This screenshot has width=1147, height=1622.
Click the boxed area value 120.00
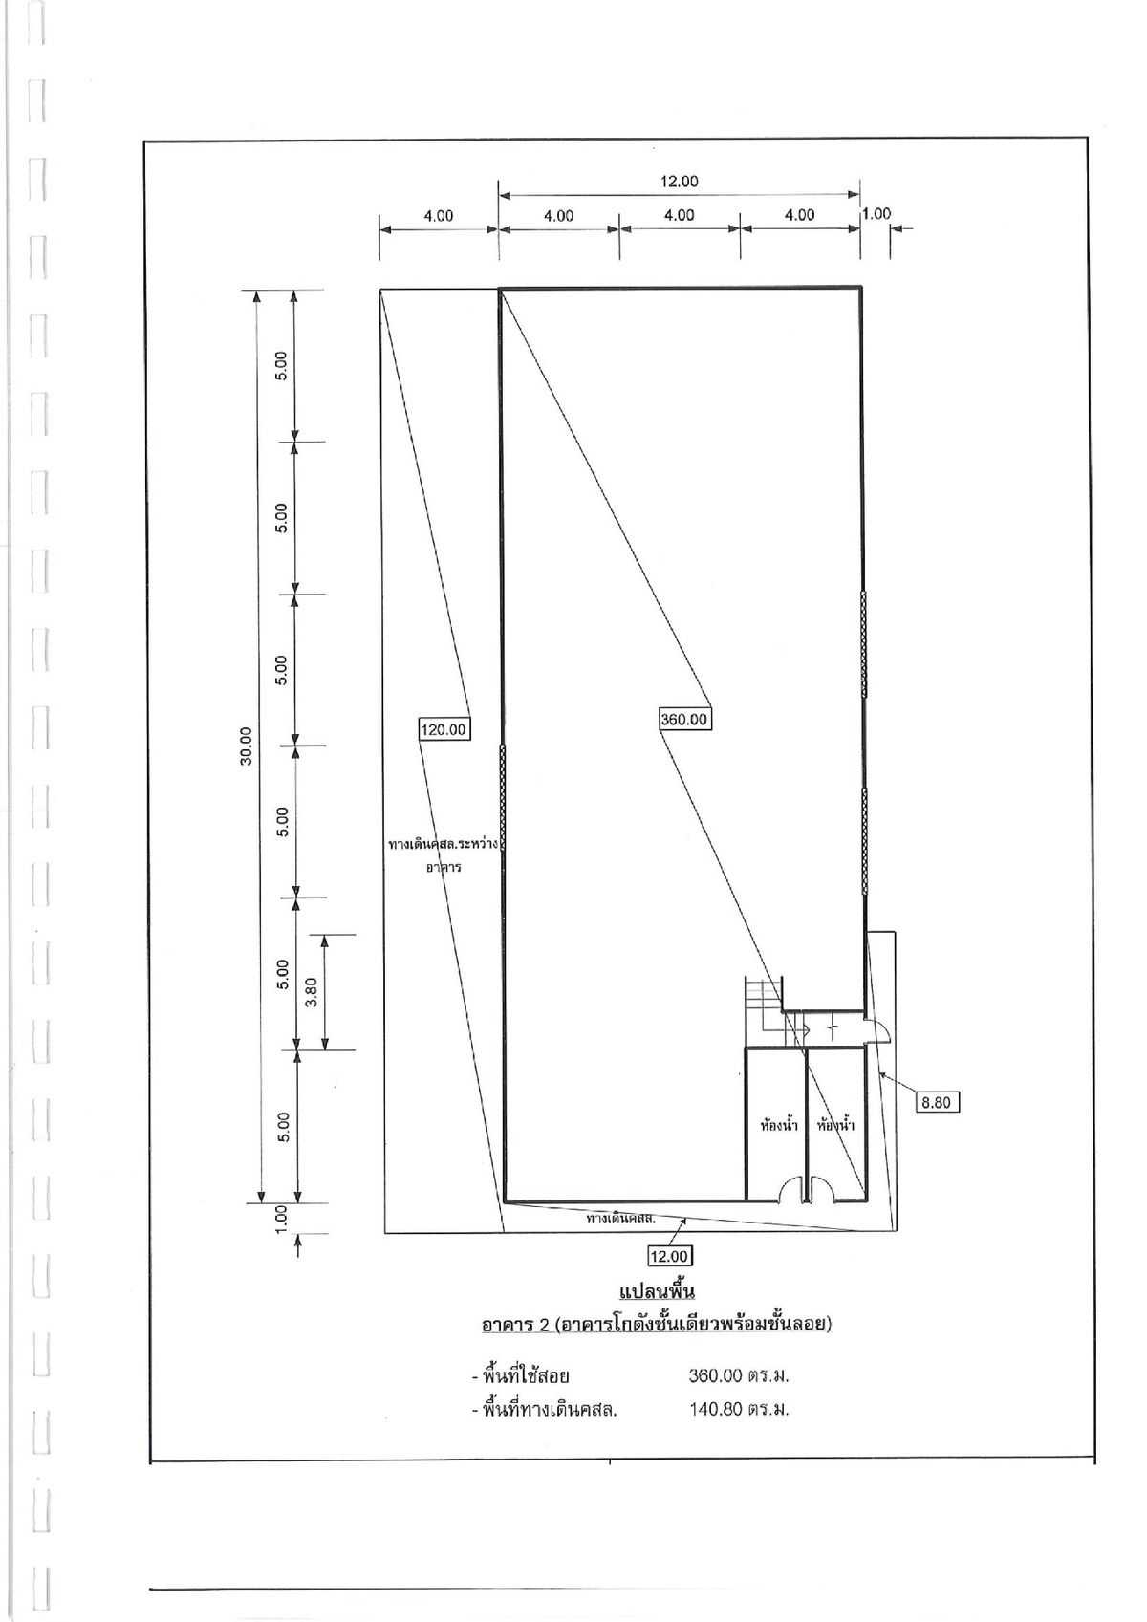pos(444,729)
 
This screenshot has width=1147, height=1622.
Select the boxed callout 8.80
pos(938,1102)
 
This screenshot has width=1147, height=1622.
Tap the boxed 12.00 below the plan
pos(669,1255)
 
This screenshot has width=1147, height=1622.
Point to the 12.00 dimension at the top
pos(680,181)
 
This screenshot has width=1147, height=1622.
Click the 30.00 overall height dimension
pos(247,746)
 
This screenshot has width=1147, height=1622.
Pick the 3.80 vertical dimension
pos(311,992)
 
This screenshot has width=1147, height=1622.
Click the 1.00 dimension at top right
pos(876,213)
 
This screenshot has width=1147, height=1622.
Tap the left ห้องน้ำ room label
pos(778,1125)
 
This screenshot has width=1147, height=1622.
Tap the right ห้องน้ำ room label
pos(836,1125)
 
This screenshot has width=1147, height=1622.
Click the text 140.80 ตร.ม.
pos(739,1409)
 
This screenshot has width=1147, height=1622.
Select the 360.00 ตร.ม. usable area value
pos(739,1376)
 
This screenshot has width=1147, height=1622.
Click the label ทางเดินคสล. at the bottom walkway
pos(620,1219)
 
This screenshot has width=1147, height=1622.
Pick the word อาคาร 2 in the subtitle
pos(516,1325)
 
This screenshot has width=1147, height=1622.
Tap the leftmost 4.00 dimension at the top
pos(439,215)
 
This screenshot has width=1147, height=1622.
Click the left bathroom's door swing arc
pos(792,1190)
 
